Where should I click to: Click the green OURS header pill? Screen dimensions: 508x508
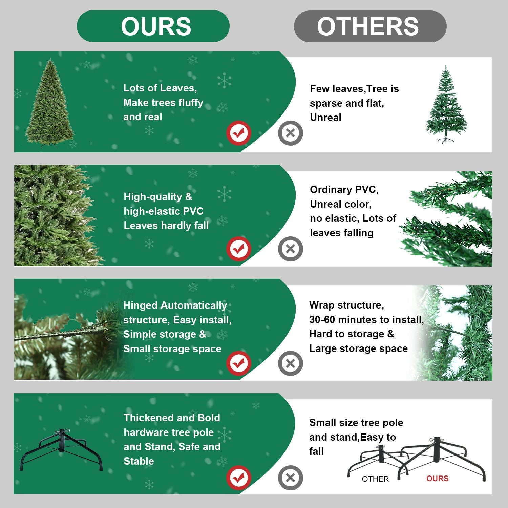click(153, 26)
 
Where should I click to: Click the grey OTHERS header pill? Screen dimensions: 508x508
click(370, 26)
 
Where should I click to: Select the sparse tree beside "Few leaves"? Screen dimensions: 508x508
click(446, 105)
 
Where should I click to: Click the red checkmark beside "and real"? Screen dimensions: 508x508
click(239, 133)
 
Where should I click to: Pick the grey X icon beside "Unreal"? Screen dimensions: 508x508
click(290, 133)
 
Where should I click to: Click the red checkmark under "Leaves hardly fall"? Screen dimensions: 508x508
click(239, 249)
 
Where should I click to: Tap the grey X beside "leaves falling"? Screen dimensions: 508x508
click(290, 249)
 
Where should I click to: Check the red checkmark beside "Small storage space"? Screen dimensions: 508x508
click(239, 363)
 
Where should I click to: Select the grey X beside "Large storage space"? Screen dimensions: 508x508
click(290, 363)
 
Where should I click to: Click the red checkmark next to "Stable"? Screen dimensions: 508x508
click(239, 478)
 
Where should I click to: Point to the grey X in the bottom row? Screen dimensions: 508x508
click(290, 478)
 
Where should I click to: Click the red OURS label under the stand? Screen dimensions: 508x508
click(437, 479)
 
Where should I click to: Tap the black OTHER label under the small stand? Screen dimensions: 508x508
click(375, 479)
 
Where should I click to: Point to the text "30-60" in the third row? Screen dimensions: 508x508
click(322, 319)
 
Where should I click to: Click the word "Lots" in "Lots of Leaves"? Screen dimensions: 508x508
click(134, 88)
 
